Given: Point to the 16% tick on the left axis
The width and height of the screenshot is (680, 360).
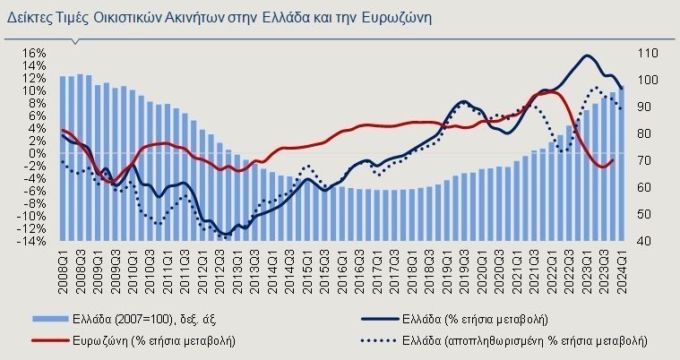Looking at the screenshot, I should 33,53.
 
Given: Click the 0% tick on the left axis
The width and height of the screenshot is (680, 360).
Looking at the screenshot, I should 37,153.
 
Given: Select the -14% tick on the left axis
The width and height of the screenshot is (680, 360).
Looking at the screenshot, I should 31,241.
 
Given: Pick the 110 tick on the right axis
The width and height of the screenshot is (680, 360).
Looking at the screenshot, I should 647,53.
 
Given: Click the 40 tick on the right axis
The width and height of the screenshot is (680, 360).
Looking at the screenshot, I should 644,241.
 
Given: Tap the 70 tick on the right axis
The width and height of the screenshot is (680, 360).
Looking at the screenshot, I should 644,160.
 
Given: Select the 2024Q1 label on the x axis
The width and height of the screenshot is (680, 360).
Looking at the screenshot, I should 622,269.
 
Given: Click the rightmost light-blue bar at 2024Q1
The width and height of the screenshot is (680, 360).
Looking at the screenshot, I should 621,161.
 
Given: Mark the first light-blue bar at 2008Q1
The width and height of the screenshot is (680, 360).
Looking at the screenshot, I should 63,159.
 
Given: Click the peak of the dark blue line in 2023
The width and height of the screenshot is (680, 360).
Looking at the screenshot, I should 587,56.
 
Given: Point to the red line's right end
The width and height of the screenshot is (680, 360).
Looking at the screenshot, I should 614,160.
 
